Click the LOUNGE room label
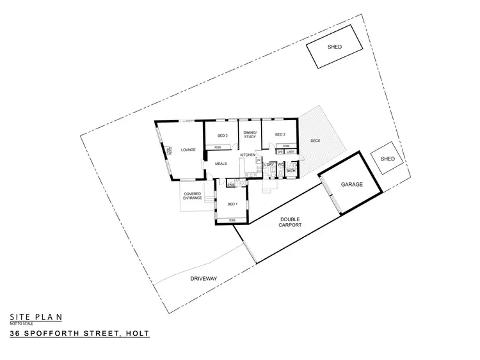188,150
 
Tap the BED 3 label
223,136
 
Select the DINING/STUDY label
250,134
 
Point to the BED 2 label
280,135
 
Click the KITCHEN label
248,155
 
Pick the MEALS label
221,164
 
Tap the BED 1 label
233,204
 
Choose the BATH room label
291,171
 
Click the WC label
281,165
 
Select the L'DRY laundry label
269,165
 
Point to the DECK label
316,141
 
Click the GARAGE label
351,184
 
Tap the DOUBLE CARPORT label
290,222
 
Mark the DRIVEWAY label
204,278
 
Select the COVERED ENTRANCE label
193,196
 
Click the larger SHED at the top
333,47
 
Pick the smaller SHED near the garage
388,159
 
